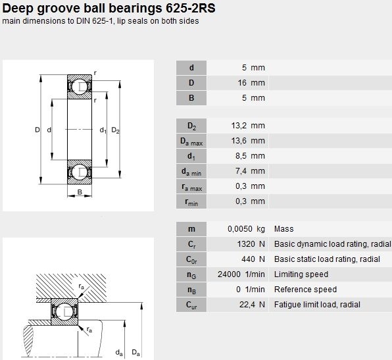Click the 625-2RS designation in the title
tap(190, 9)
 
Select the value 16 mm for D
tap(251, 83)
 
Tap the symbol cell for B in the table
tap(191, 98)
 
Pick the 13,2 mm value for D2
tap(248, 125)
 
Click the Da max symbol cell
tap(191, 141)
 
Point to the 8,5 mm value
tap(250, 156)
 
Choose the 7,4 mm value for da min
tap(250, 171)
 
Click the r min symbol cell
tap(191, 201)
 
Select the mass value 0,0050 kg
tap(246, 229)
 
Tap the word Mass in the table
tap(283, 229)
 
